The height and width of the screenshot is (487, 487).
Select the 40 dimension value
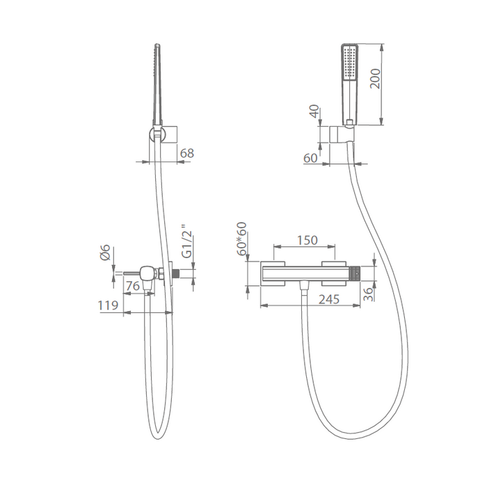tap(315, 111)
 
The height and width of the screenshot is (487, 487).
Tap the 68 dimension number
tap(186, 153)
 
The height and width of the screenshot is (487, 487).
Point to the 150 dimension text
tap(308, 240)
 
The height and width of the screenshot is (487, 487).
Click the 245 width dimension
tap(329, 299)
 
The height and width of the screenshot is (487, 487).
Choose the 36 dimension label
tap(368, 294)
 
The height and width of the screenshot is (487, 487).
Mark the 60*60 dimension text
tap(241, 239)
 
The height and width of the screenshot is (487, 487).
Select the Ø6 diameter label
tap(105, 252)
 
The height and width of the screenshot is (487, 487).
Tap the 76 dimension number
tap(133, 285)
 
